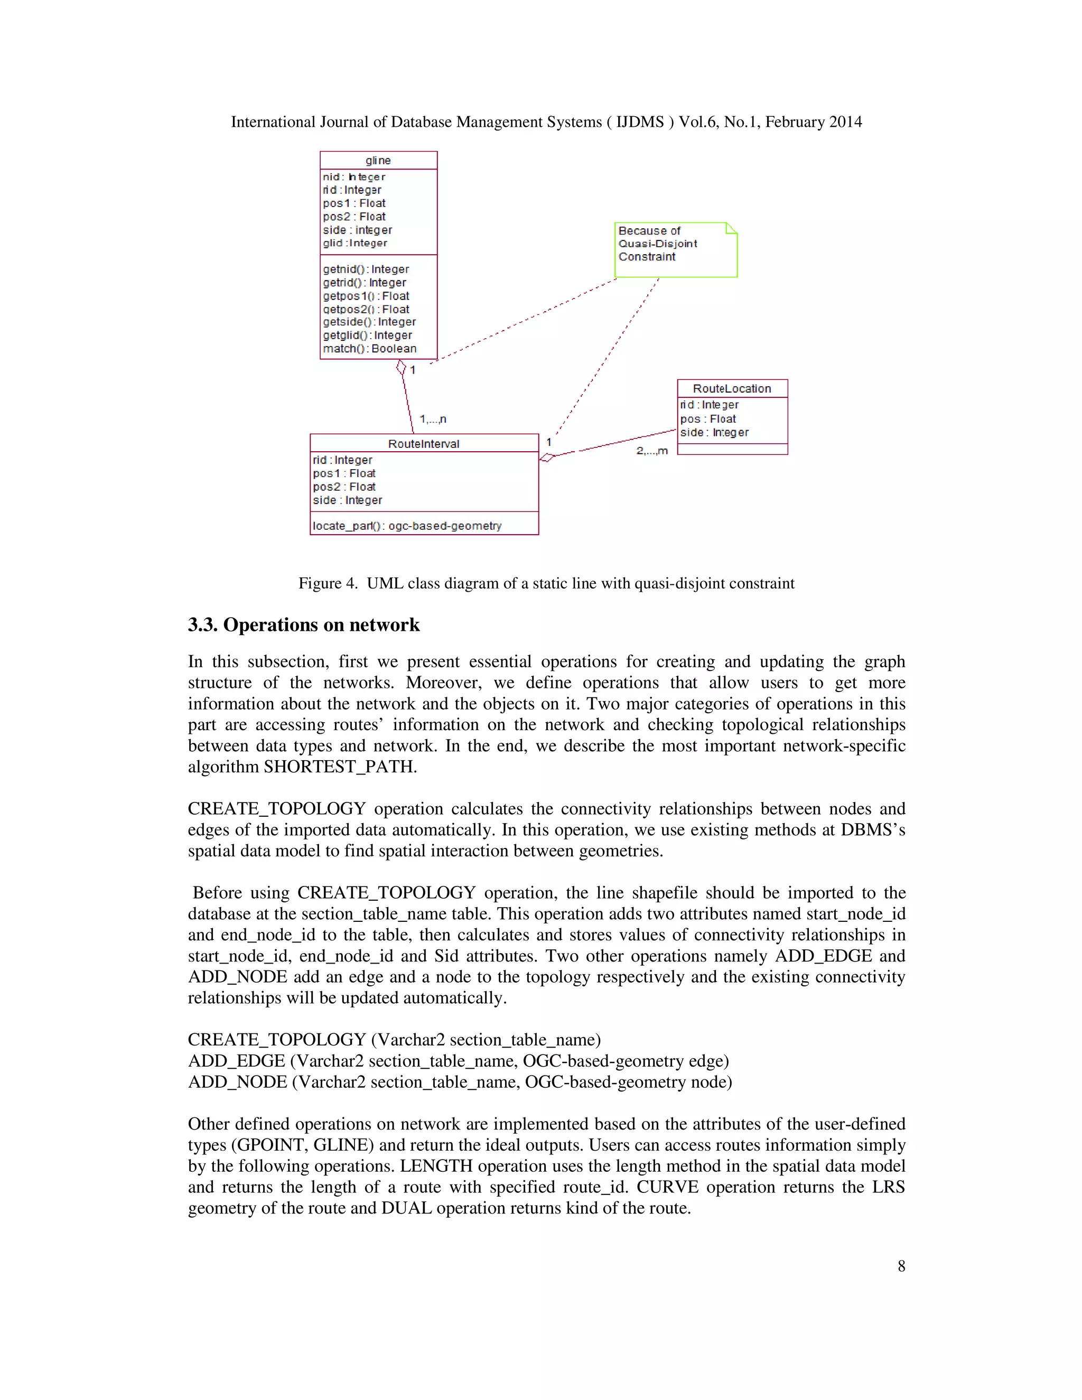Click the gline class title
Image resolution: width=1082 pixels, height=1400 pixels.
point(378,160)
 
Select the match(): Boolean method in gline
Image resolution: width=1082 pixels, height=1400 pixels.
point(369,349)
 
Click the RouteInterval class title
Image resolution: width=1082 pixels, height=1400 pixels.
point(423,444)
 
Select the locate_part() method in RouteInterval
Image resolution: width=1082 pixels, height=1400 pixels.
point(406,526)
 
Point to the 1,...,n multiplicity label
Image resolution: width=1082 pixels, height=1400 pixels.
point(433,419)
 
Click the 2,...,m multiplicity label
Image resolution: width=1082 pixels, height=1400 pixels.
point(651,451)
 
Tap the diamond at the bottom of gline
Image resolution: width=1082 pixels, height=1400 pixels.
point(402,367)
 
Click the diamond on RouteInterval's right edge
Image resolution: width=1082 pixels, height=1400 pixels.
point(547,457)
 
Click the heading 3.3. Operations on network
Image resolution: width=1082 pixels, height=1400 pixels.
point(303,624)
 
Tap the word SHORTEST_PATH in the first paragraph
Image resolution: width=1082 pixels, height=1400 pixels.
point(339,767)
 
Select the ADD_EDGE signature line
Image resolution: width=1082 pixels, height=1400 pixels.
point(458,1061)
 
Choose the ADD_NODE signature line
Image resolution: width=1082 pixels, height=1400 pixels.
point(460,1082)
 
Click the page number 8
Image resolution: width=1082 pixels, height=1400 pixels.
point(901,1266)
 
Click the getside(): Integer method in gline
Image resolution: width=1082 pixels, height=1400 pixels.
point(369,322)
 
